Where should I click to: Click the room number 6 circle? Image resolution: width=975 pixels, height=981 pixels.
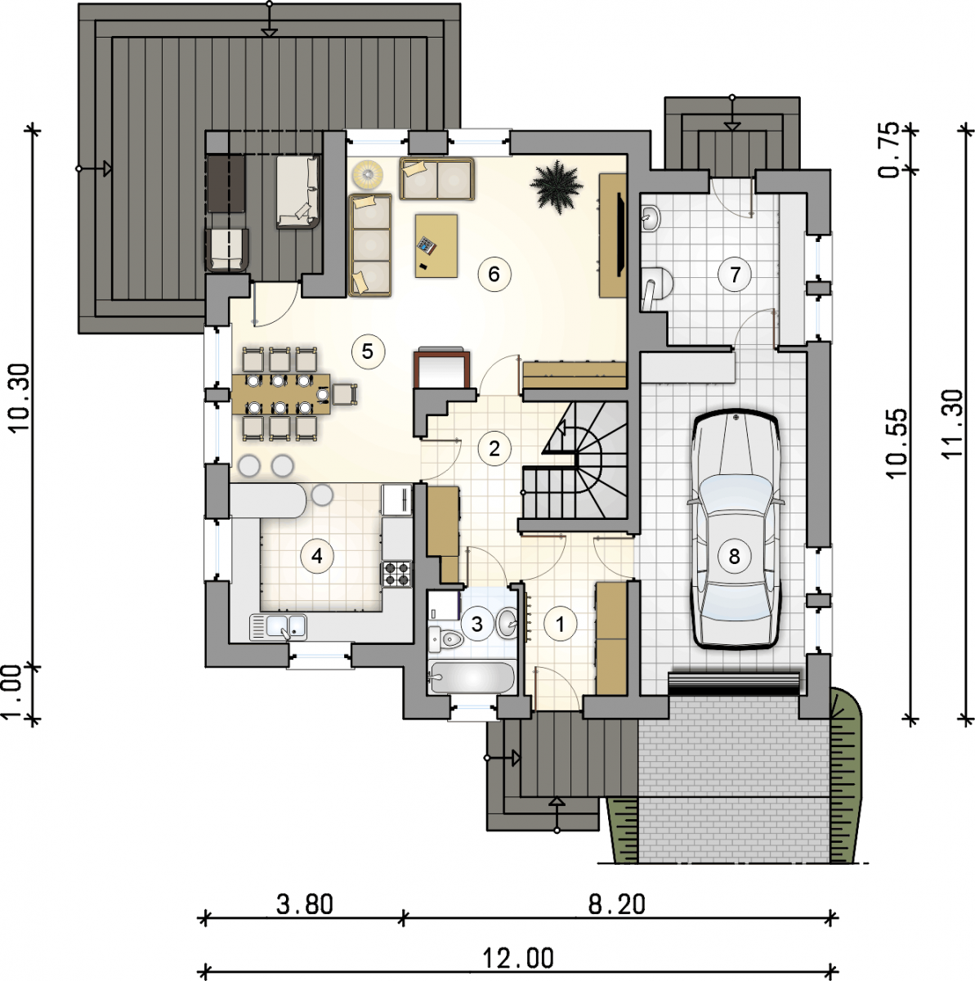point(494,275)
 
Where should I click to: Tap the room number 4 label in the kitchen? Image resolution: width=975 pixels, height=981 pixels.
point(316,557)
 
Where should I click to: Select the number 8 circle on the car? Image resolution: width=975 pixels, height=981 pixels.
point(734,557)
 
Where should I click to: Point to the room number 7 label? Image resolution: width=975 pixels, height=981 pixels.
point(735,275)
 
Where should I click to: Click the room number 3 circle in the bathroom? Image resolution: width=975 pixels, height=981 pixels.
point(477,624)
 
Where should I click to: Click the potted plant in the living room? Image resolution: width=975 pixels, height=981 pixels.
point(556,184)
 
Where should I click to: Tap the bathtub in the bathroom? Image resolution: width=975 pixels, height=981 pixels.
point(471,678)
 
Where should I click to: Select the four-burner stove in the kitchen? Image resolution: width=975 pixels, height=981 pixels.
point(396,574)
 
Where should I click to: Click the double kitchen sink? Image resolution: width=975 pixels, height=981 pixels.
point(278,627)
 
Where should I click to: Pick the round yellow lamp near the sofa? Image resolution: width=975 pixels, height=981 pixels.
point(369,172)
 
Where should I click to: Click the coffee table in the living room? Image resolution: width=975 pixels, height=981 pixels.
point(436,246)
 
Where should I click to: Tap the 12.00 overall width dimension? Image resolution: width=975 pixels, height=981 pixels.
point(518,959)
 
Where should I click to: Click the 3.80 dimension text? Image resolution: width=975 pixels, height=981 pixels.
point(305,904)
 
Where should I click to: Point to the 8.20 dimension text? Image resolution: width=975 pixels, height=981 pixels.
point(617,904)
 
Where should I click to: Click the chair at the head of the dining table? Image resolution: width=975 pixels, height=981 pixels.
point(345,395)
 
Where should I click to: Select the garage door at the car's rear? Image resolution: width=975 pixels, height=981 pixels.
point(733,683)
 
